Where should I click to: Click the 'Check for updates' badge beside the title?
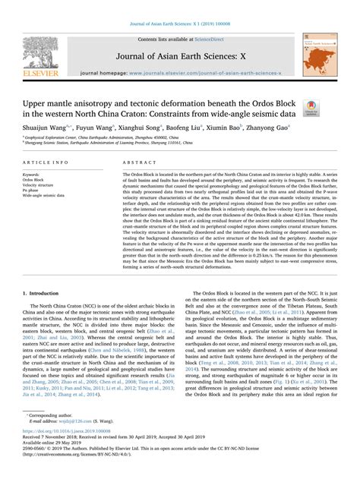[311, 109]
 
